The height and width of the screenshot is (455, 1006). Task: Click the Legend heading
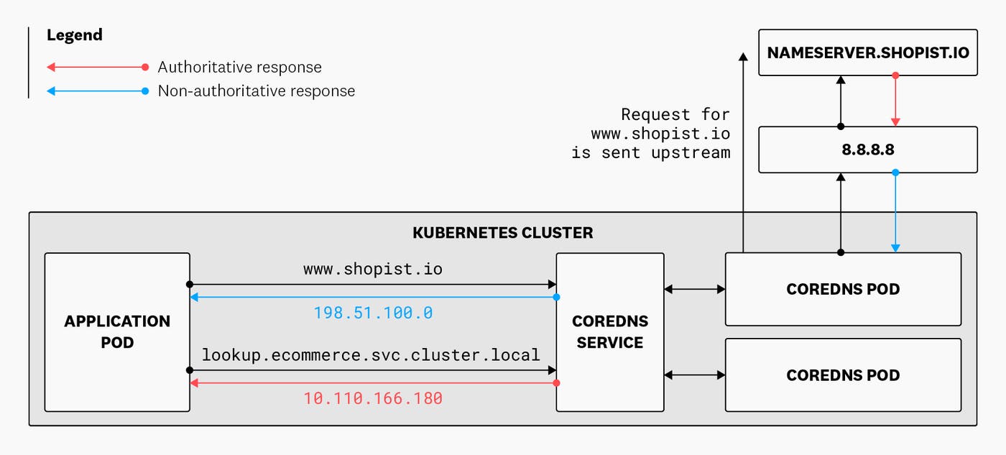[75, 35]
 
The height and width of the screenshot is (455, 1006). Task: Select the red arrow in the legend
[97, 68]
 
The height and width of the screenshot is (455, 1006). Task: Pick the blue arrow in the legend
[97, 91]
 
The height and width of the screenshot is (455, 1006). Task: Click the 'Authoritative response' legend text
[239, 68]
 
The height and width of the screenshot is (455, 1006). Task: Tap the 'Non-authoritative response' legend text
[256, 91]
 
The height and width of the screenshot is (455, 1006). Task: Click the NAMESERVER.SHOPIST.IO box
[867, 52]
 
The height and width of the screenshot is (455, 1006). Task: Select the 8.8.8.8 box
[867, 150]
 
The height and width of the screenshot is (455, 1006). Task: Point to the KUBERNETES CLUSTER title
[502, 233]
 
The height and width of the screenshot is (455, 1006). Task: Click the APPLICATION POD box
[117, 331]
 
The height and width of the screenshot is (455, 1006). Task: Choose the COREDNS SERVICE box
[609, 331]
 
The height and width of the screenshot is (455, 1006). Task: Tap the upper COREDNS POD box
[842, 289]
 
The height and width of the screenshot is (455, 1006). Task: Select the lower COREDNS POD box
[842, 374]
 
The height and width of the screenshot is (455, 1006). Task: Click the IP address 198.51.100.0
[373, 313]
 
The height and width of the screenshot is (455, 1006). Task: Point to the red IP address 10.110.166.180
[373, 397]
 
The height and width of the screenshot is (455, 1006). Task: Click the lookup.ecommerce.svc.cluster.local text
[371, 354]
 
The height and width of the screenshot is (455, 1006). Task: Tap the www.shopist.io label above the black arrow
[373, 270]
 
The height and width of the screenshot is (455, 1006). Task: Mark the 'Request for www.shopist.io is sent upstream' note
[651, 134]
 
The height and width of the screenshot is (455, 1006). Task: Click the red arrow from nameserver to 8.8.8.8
[895, 101]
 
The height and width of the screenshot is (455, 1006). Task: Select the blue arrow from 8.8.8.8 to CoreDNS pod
[895, 212]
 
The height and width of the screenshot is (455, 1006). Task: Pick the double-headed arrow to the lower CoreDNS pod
[694, 374]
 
